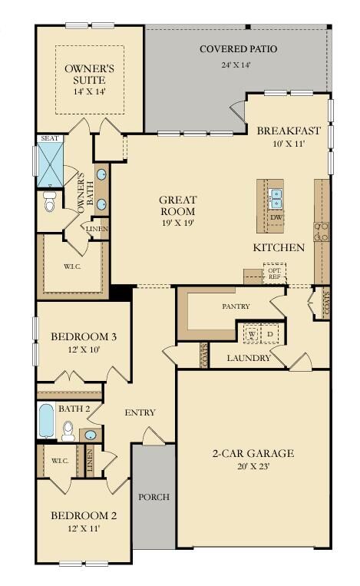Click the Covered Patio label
[x=238, y=49]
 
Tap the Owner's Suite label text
[x=89, y=74]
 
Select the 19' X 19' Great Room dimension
[x=177, y=223]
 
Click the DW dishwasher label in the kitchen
[x=276, y=217]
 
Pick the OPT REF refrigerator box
[x=274, y=273]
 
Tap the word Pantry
[x=236, y=306]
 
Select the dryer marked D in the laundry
[x=270, y=335]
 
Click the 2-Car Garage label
[x=253, y=453]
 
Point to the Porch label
[x=154, y=497]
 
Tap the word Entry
[x=140, y=412]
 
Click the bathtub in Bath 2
[x=45, y=421]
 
